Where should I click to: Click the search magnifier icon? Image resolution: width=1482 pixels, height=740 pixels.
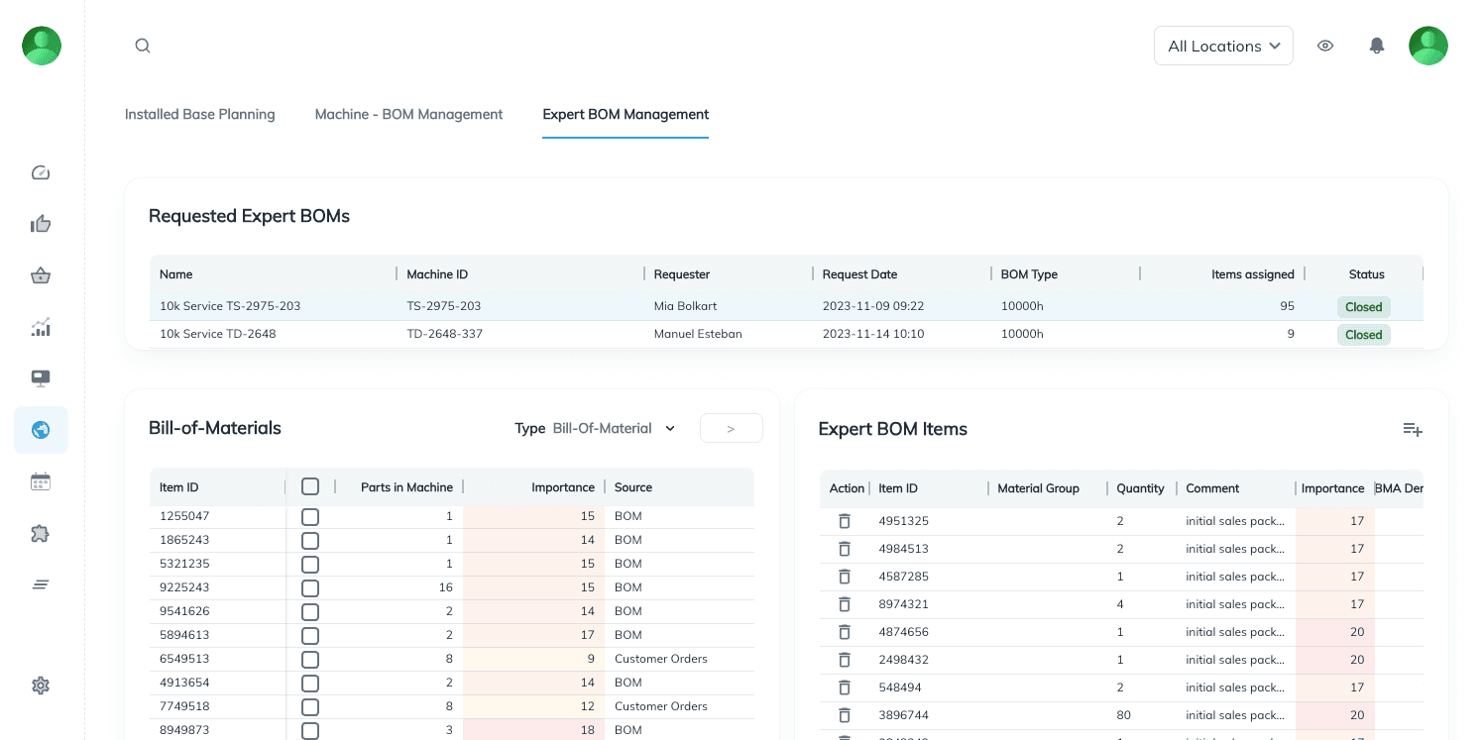click(143, 46)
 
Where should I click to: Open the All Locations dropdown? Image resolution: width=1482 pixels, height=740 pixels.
click(1223, 46)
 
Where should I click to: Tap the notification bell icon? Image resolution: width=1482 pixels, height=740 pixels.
click(1376, 46)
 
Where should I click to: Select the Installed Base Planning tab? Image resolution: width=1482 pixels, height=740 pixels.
click(199, 115)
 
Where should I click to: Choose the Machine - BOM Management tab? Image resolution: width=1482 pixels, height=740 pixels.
click(408, 115)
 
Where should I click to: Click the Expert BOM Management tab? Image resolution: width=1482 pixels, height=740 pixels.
click(626, 115)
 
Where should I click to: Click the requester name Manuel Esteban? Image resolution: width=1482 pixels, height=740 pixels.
click(698, 334)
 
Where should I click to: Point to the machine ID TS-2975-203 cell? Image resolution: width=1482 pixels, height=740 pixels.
click(443, 306)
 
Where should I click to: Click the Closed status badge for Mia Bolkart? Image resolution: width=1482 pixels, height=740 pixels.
click(1363, 307)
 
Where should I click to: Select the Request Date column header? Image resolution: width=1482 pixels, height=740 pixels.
click(859, 274)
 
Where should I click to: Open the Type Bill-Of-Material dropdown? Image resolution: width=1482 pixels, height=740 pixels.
click(614, 429)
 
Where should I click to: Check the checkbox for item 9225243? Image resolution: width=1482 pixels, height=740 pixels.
click(310, 587)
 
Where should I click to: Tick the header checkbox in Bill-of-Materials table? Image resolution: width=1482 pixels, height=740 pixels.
click(310, 486)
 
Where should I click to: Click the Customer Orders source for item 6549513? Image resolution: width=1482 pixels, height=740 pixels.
click(660, 659)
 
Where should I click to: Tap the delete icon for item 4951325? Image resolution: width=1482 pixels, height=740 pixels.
click(845, 521)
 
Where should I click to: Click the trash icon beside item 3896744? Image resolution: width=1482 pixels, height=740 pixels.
click(845, 715)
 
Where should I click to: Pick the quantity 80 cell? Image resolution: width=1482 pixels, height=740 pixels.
click(1123, 715)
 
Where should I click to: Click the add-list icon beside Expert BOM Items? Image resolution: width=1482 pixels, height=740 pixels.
click(1413, 429)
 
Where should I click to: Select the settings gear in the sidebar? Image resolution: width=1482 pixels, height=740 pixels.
click(41, 686)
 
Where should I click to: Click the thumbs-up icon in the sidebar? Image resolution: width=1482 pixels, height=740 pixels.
click(41, 224)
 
